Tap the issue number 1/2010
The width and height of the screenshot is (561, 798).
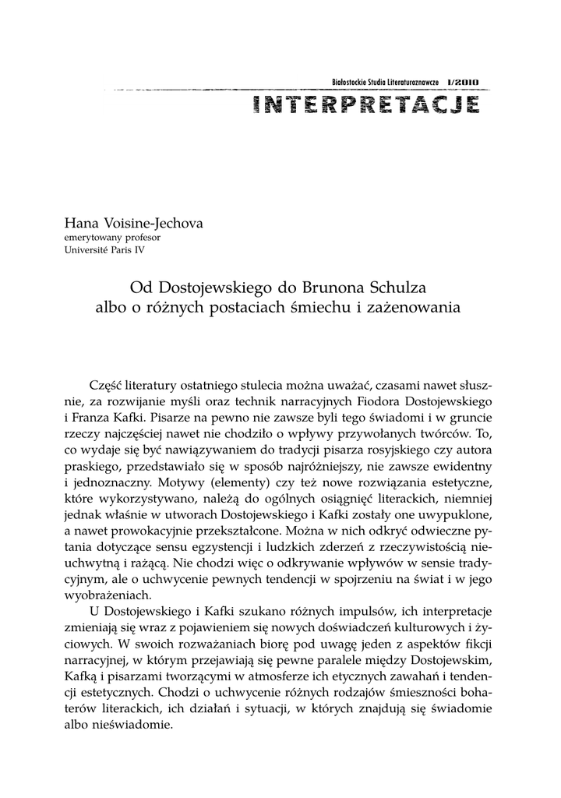point(464,81)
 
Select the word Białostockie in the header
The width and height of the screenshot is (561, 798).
point(352,81)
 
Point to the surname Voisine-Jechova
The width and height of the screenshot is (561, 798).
point(150,223)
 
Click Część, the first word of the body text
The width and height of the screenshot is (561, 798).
point(108,386)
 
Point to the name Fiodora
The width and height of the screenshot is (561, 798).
point(370,402)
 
